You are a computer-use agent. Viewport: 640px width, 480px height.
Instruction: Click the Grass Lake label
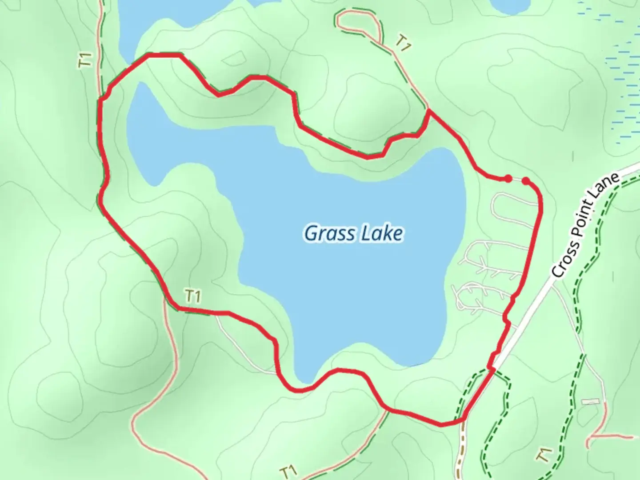point(353,233)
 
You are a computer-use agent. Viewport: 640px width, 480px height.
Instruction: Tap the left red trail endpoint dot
point(508,179)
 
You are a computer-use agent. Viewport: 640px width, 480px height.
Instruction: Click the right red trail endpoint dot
point(526,180)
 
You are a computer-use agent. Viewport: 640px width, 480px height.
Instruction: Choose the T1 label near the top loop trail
point(402,44)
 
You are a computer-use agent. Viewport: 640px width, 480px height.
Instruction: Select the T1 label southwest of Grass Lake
point(193,296)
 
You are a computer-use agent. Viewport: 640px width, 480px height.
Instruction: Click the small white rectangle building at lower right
point(591,401)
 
